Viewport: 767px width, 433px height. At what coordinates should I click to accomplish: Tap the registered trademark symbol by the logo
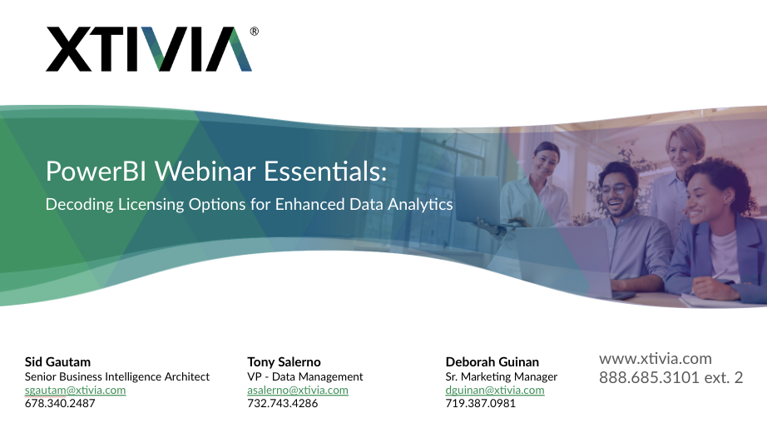[x=254, y=32]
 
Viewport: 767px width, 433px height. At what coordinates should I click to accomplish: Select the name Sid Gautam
[x=57, y=362]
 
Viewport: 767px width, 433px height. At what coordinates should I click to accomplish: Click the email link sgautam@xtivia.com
[x=75, y=390]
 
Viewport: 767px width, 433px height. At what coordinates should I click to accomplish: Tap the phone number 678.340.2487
[x=60, y=403]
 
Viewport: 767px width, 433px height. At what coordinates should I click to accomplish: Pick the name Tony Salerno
[x=284, y=362]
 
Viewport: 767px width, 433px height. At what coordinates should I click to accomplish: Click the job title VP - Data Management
[x=305, y=376]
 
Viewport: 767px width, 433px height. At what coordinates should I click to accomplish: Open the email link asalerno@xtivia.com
[x=298, y=390]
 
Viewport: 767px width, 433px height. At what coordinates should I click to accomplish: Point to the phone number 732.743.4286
[x=283, y=403]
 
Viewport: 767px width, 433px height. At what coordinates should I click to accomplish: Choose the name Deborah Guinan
[x=492, y=362]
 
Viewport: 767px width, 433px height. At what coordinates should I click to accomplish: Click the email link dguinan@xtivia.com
[x=495, y=390]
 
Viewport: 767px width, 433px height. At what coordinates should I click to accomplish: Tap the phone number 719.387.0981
[x=481, y=403]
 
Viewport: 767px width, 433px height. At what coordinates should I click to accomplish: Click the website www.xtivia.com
[x=656, y=359]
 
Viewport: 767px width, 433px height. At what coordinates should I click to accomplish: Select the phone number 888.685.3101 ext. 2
[x=671, y=378]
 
